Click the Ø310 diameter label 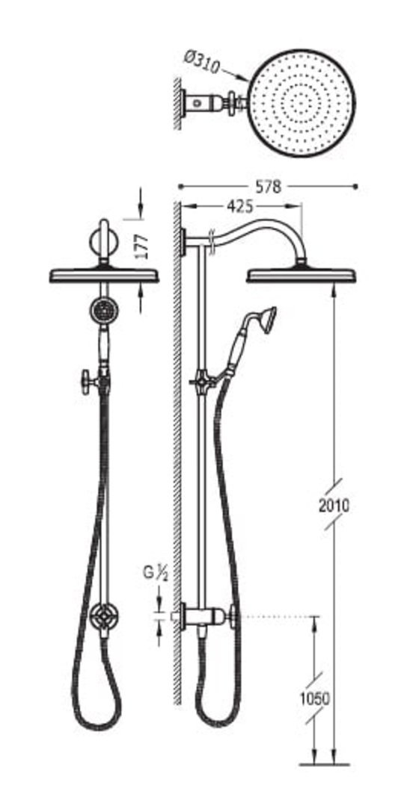(201, 62)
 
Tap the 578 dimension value (268, 187)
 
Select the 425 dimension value (239, 206)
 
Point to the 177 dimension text (143, 246)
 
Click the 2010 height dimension (334, 506)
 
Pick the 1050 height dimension (314, 699)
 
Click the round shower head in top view (302, 102)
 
